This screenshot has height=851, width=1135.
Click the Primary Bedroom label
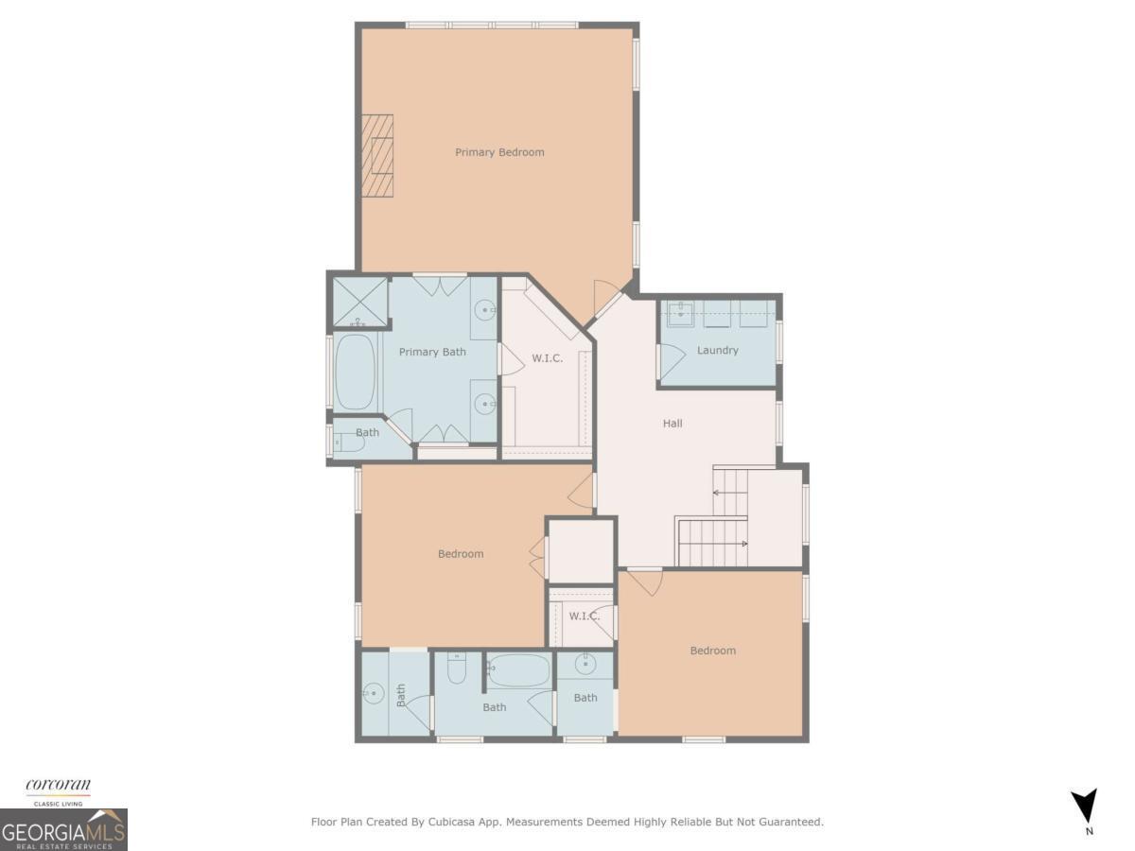point(499,152)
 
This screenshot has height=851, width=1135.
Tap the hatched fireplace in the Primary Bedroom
point(376,157)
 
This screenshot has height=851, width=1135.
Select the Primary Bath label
point(432,352)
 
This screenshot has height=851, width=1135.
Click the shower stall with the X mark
point(358,302)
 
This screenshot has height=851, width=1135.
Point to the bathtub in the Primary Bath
point(357,372)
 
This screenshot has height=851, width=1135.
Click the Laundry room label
point(717,350)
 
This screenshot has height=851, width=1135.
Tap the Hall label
point(672,424)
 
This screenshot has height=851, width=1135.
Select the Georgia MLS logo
point(63,829)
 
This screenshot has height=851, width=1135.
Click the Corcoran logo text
point(58,786)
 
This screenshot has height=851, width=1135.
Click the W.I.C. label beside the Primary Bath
point(548,358)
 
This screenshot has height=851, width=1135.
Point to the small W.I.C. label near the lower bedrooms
point(584,617)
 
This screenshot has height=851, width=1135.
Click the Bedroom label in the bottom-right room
point(712,651)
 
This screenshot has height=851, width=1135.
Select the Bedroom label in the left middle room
point(461,554)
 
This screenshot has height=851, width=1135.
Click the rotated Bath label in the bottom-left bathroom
point(401,695)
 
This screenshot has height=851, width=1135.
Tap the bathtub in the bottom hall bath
point(519,670)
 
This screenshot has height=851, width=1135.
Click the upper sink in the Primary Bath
point(485,308)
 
